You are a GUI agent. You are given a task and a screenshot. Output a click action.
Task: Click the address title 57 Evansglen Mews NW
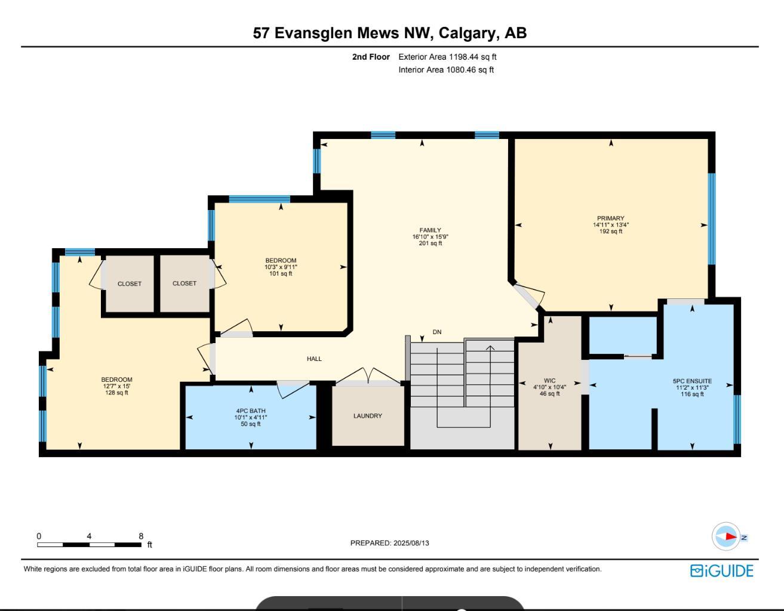point(389,33)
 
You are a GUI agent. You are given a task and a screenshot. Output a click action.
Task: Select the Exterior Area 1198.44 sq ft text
point(447,57)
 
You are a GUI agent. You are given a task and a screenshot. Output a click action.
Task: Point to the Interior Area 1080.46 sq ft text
point(446,70)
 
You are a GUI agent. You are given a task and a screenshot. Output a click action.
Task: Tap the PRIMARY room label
point(610,218)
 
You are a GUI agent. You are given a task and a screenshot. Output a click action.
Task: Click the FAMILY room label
point(430,230)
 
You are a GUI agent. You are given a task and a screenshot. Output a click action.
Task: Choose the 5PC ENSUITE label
point(692,381)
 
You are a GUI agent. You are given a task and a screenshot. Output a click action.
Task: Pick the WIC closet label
point(549,381)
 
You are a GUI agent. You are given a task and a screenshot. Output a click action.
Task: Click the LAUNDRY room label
point(367,416)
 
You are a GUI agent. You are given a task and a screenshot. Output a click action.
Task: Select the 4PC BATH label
point(250,411)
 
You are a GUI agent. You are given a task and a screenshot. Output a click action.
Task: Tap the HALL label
point(314,359)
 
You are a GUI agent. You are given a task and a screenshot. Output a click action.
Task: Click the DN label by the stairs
point(437,332)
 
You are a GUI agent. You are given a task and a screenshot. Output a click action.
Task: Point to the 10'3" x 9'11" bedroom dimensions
point(281,267)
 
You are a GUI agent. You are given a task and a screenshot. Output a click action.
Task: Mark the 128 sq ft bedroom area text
point(117,393)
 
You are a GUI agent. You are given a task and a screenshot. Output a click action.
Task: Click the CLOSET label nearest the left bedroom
point(130,284)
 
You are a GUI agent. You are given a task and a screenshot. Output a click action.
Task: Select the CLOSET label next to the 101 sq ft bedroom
point(185,283)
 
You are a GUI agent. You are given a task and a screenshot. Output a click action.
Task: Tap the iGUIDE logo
point(722,571)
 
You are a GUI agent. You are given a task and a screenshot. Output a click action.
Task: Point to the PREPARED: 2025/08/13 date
point(389,543)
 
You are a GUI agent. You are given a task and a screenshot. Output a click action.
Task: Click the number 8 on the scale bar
point(141,536)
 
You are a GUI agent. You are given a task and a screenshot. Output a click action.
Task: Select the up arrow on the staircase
point(490,348)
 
